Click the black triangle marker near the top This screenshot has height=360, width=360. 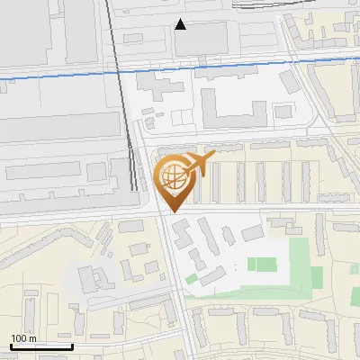point(181,24)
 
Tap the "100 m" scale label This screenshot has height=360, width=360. point(24,338)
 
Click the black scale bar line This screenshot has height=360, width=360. point(41,346)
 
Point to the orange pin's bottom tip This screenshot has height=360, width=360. point(174,211)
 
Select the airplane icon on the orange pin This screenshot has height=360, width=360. point(198,164)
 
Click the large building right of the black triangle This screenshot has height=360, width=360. point(209,37)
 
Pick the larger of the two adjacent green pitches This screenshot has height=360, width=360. point(262,265)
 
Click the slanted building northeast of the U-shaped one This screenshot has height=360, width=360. point(289,82)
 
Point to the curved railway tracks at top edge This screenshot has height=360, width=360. point(270,4)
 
